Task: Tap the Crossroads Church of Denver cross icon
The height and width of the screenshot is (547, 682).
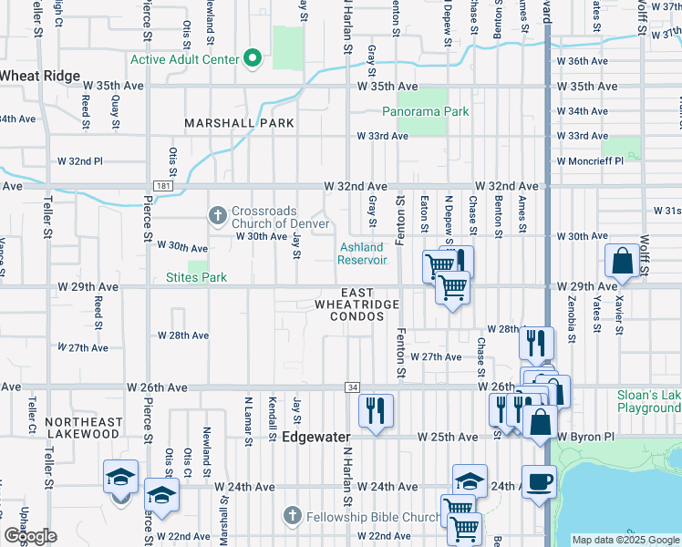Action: tap(217, 216)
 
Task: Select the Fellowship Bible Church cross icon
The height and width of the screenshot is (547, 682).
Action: tap(293, 517)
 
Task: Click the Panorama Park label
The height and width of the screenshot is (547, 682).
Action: tap(425, 111)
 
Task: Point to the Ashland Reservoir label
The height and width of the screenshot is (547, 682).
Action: tap(364, 253)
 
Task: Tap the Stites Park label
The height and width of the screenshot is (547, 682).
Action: tap(196, 277)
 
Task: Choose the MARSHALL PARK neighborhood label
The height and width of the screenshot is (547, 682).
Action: tap(239, 122)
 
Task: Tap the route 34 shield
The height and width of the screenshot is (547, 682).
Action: tap(351, 387)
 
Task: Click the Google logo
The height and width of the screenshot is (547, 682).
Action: tap(30, 536)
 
